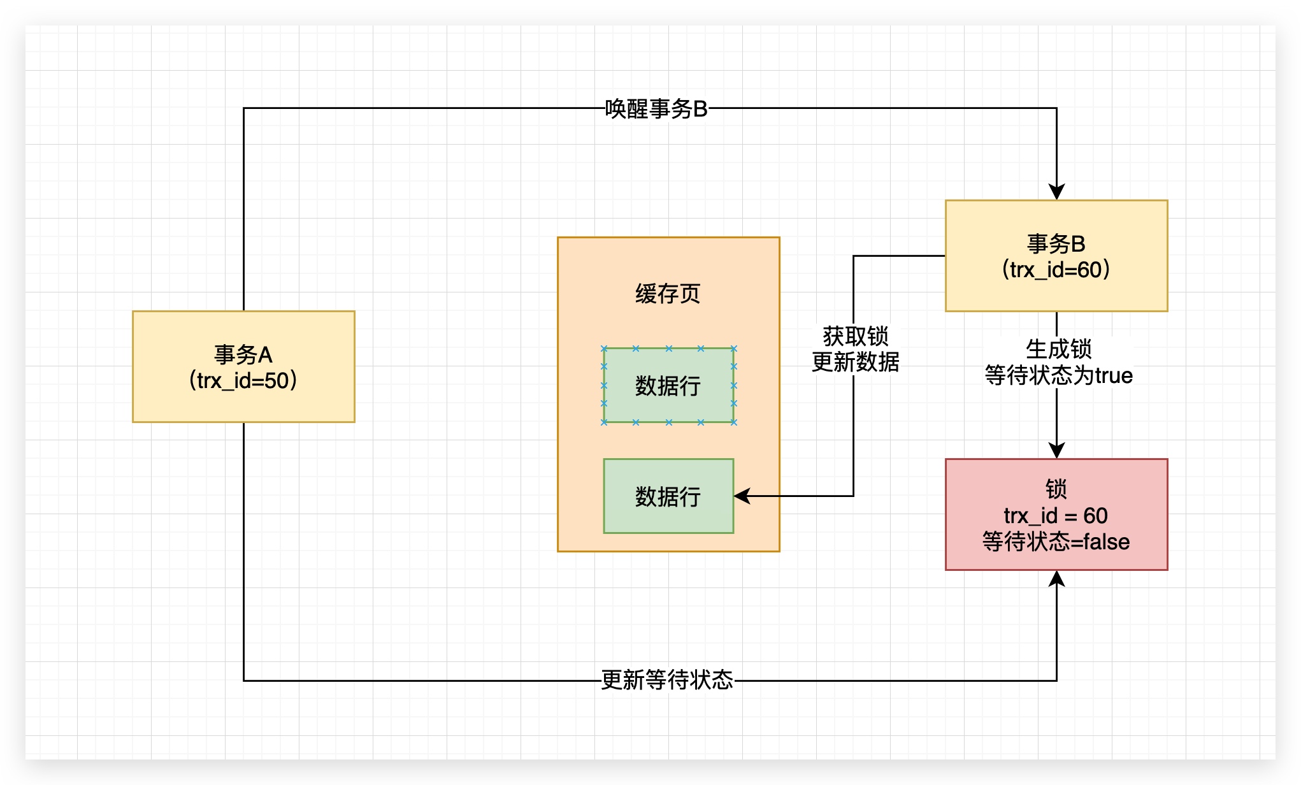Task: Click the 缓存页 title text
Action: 668,294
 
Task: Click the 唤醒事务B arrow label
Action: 656,109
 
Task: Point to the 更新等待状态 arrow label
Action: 667,680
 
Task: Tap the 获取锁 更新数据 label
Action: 855,349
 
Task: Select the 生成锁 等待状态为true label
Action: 1058,363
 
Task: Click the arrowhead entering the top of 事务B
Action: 1056,192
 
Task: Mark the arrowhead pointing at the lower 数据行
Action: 742,496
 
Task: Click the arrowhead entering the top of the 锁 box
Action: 1056,450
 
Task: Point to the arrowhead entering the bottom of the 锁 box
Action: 1056,579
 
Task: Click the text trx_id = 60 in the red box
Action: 1056,515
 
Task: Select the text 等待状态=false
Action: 1056,542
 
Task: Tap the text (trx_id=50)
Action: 243,380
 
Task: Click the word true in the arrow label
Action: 1114,376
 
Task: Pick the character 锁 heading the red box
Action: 1056,489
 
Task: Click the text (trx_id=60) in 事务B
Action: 1056,270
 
